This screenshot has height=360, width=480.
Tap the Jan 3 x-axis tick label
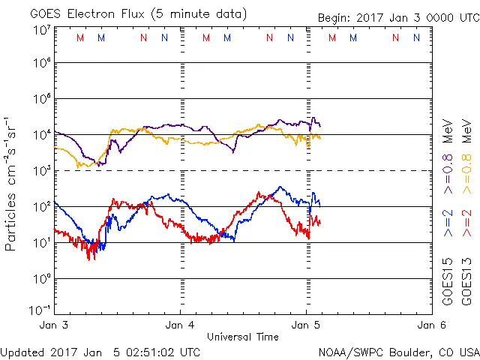[55, 325]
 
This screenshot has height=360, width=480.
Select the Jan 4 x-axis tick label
[181, 325]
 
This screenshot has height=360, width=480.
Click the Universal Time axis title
[243, 337]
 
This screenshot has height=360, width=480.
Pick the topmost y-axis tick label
[41, 29]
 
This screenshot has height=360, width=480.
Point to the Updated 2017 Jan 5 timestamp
[100, 351]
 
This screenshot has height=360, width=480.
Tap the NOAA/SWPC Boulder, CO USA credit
[398, 351]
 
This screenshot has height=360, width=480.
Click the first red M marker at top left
[81, 37]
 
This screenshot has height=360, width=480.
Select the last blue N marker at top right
[416, 37]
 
